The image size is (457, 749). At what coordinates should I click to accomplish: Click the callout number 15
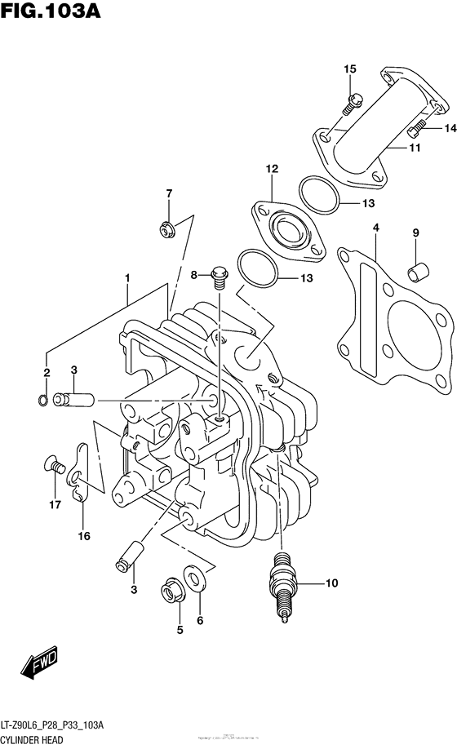point(349,69)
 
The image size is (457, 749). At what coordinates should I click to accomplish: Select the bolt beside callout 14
point(416,128)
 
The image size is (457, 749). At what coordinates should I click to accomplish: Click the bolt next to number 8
point(219,277)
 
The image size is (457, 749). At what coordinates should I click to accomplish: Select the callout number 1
point(127,278)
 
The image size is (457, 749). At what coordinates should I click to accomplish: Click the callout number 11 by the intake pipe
point(392,148)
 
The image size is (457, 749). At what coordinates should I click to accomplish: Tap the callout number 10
point(331,583)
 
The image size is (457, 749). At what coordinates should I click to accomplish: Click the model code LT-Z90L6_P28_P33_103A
point(61,725)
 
